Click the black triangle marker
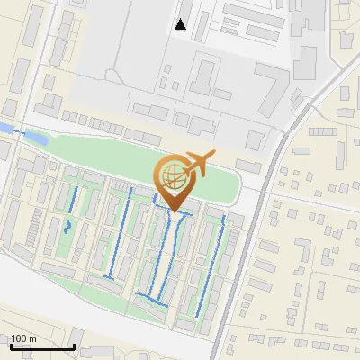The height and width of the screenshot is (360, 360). click(181, 24)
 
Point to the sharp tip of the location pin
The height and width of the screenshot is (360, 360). click(174, 212)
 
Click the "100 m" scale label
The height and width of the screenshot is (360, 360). click(23, 338)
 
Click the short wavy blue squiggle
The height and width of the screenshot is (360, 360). click(68, 226)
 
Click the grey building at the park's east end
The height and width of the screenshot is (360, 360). click(248, 166)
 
